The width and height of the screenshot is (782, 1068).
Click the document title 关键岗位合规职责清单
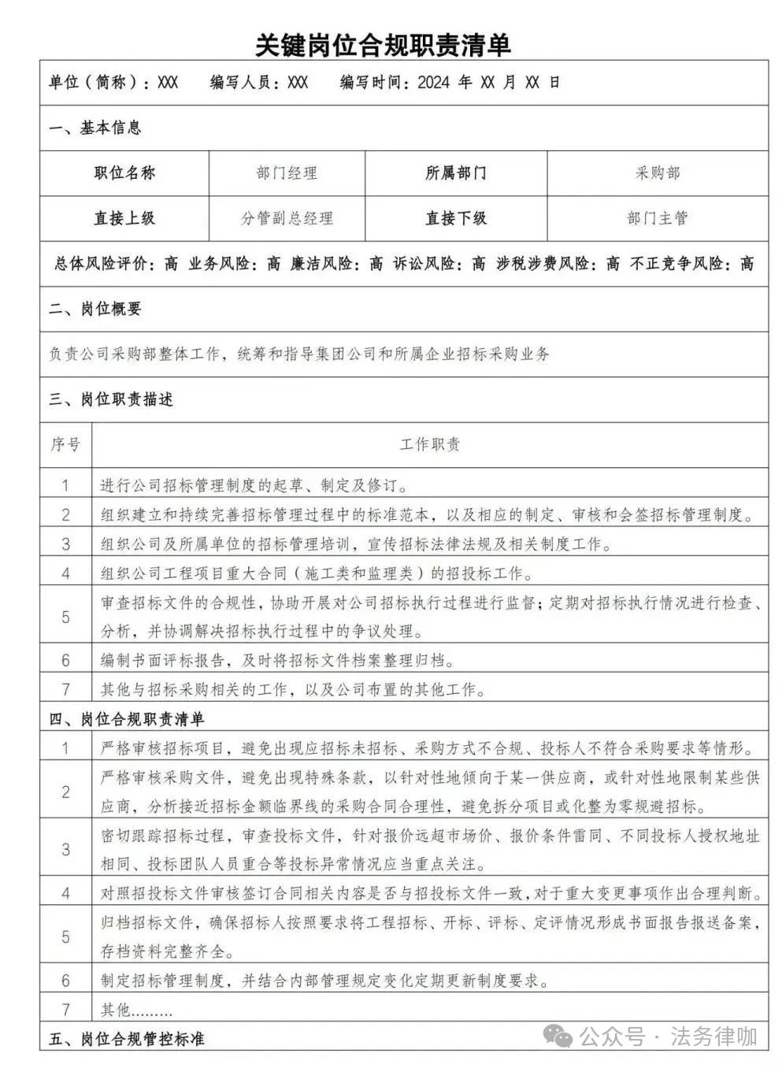383,45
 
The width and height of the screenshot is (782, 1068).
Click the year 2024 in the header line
433,83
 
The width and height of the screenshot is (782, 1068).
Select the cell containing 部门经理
287,173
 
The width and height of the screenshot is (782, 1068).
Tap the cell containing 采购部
658,173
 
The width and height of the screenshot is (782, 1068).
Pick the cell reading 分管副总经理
287,218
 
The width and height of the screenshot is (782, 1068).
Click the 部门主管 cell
658,218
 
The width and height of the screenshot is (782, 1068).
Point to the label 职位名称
124,173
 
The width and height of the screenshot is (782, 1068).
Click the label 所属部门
455,173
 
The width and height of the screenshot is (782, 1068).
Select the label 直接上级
124,218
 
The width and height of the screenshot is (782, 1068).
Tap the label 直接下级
455,218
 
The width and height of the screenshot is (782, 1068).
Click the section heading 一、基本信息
95,128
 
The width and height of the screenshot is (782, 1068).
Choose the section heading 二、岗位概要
95,309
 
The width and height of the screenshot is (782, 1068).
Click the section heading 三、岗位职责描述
111,399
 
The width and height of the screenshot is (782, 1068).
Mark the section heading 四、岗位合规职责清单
127,718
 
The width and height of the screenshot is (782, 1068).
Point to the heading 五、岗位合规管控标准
127,1039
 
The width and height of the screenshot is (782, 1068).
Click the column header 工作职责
430,445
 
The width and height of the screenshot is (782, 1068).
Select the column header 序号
65,445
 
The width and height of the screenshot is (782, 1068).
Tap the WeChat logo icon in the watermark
561,1036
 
